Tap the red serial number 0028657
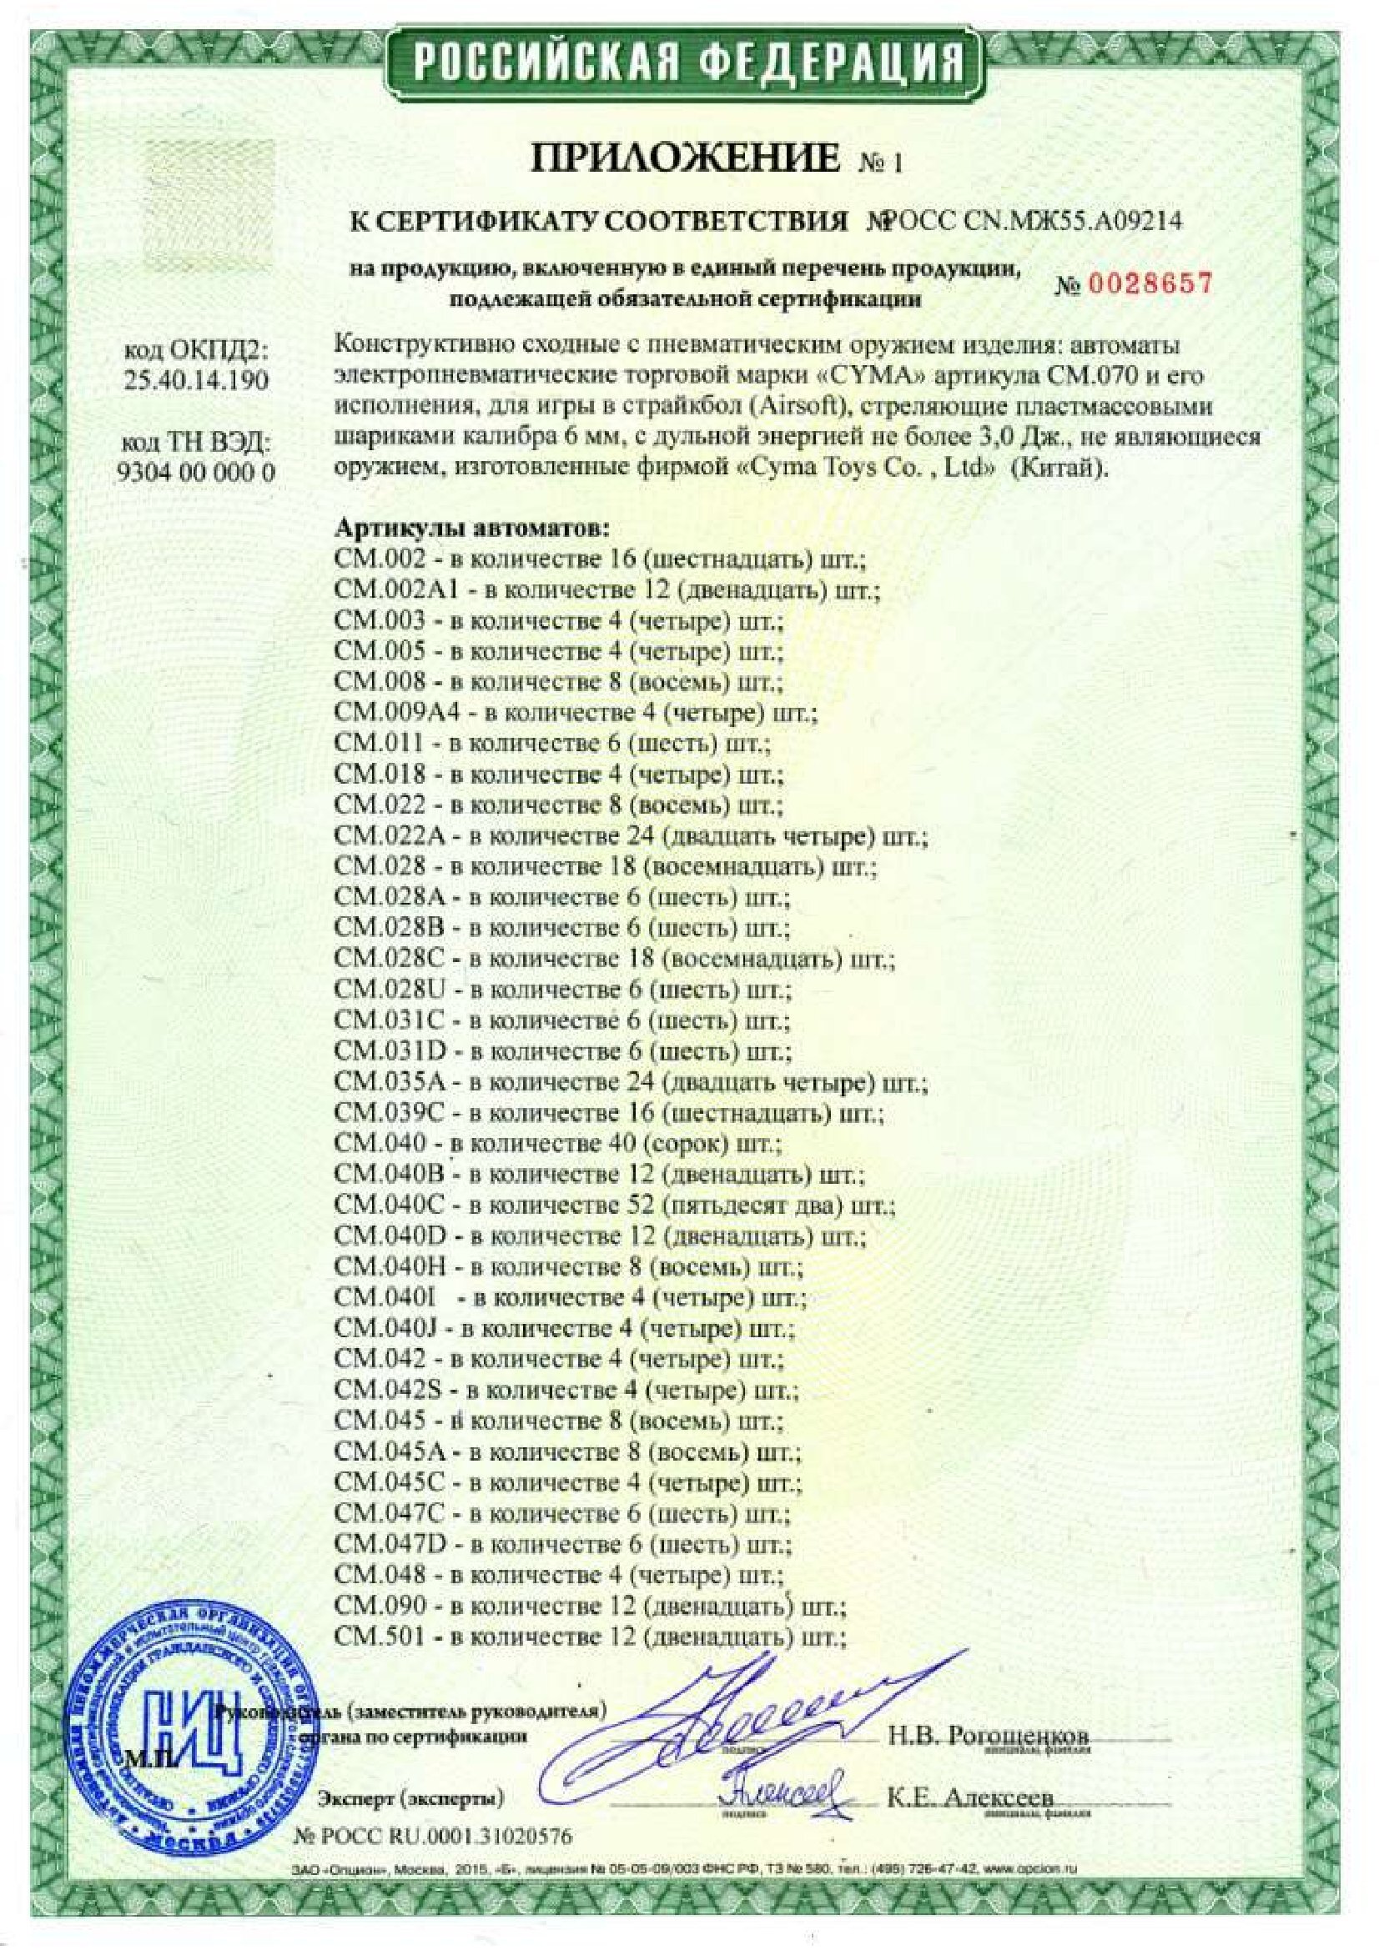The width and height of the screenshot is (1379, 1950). tap(1148, 283)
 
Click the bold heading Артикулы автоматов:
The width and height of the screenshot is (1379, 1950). tap(472, 529)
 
